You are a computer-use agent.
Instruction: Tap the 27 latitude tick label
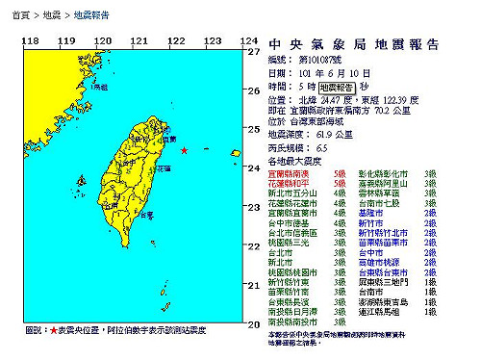pos(253,52)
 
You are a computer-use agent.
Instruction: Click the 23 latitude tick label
pos(253,207)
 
